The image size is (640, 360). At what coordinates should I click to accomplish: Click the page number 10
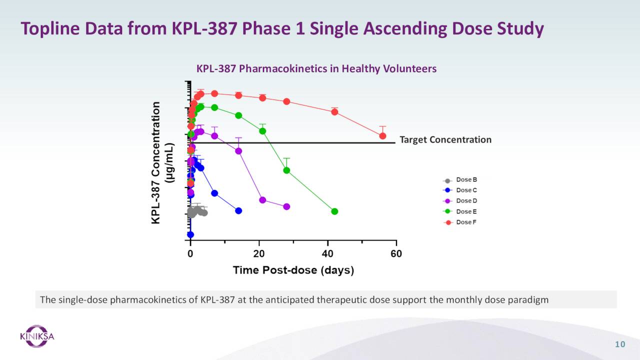pos(620,344)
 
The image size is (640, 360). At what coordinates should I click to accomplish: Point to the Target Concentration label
pos(445,140)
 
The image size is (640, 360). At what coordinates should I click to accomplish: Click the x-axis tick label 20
pos(259,254)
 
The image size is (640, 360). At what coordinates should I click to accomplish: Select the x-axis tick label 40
pos(327,254)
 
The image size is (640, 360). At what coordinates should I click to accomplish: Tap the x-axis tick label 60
pos(396,254)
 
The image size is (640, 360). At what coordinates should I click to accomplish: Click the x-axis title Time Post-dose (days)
pos(293,270)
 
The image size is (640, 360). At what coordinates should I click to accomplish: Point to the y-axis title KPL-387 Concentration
pos(156,162)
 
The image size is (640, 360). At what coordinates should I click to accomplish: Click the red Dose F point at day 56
pos(382,136)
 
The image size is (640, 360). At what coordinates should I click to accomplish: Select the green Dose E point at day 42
pos(334,211)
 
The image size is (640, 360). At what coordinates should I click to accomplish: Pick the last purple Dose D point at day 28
pos(286,206)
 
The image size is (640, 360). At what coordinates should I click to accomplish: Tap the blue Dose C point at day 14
pos(238,211)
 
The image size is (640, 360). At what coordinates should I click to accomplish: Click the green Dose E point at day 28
pos(286,170)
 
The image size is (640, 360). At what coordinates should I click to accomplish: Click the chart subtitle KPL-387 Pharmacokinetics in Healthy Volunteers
pos(316,68)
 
